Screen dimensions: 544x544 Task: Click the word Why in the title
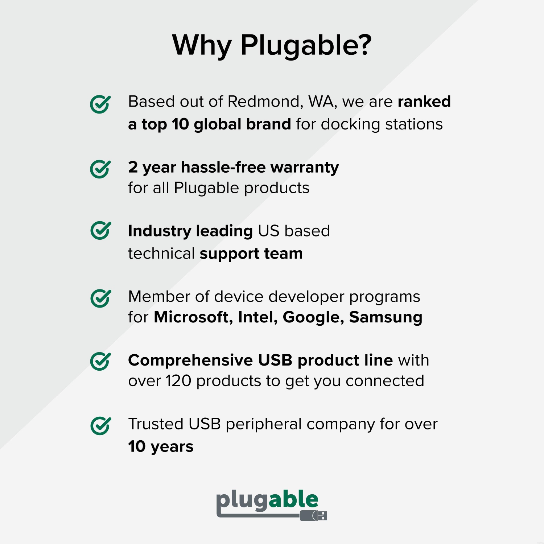(x=202, y=45)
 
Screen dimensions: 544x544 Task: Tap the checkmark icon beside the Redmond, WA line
(x=100, y=104)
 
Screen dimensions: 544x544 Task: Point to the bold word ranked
(x=424, y=102)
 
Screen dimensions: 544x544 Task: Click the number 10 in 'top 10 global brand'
(x=180, y=124)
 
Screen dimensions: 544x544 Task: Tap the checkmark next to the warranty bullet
(x=100, y=169)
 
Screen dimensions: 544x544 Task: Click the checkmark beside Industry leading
(x=100, y=230)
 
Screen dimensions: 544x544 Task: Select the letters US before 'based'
(x=269, y=231)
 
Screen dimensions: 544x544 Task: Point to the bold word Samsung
(x=386, y=317)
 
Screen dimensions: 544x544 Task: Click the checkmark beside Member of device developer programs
(x=100, y=298)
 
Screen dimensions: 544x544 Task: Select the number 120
(x=178, y=381)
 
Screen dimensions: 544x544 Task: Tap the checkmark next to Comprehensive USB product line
(x=100, y=361)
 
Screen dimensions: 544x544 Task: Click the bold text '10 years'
(x=161, y=446)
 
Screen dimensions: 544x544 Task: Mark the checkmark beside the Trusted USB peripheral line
(x=100, y=425)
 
